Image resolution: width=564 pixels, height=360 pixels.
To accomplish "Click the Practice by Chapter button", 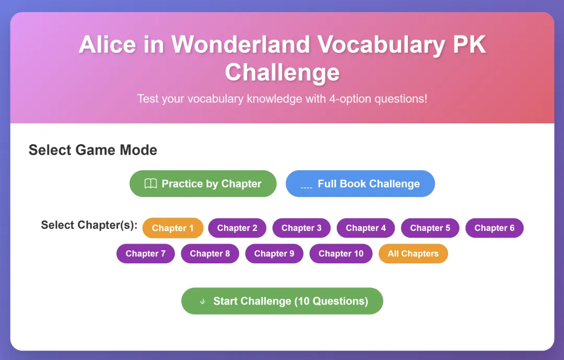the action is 203,183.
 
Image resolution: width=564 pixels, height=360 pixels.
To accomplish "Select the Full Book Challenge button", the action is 360,183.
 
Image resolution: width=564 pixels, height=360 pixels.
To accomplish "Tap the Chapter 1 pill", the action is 173,228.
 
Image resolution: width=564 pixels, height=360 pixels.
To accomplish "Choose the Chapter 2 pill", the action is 237,228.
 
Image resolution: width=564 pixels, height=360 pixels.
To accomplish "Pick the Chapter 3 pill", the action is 301,228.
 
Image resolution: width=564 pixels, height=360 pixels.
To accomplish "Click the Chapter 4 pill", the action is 366,228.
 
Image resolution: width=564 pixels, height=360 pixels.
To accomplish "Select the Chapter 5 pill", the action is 430,228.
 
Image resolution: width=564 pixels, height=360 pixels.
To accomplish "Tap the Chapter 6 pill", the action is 494,228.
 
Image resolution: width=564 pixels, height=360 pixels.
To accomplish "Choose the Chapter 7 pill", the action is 145,253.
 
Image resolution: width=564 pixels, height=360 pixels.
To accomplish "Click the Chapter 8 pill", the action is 210,253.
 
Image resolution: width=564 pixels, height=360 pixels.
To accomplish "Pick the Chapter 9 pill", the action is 274,253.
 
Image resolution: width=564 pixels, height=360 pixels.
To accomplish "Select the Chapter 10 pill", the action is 341,253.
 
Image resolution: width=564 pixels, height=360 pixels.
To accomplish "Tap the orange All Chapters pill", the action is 413,253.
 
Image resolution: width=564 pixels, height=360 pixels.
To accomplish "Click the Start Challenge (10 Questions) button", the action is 282,301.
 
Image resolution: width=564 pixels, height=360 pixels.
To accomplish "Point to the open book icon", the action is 151,183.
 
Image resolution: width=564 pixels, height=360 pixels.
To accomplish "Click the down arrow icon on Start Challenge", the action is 203,301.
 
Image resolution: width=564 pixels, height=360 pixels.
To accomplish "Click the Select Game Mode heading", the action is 93,150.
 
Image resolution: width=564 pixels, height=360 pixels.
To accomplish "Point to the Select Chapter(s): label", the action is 89,225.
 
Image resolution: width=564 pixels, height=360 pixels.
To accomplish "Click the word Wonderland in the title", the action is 241,44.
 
